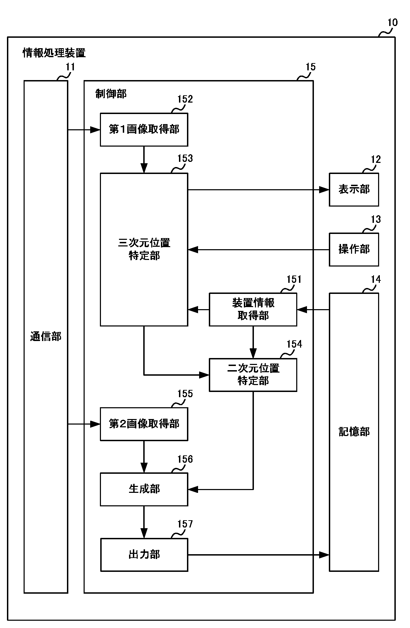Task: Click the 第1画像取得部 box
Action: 144,130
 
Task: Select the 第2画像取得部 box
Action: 144,424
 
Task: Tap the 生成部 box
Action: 144,489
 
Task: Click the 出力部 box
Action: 144,555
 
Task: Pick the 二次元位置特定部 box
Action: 253,375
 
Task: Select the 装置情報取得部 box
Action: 253,309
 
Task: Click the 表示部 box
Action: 353,190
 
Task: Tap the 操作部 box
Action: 353,249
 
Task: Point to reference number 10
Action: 392,23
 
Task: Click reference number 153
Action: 185,158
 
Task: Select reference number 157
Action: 185,524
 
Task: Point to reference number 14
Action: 376,279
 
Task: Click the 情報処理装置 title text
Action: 54,53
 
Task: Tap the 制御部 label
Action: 111,94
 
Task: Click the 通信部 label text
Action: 46,337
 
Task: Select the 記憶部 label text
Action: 354,432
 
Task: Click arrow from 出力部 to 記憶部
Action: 258,555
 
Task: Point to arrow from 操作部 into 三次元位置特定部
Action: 258,250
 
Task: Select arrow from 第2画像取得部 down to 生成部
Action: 144,456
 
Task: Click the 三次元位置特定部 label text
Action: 144,249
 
